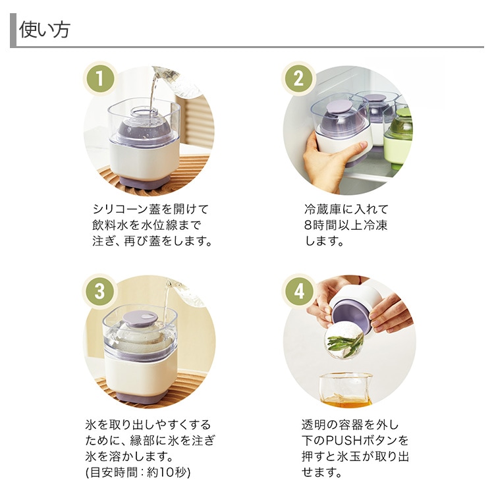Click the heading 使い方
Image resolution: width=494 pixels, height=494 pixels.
point(44,30)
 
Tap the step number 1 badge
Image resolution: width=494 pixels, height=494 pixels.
point(100,78)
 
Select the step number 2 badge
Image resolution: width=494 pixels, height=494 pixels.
point(298,78)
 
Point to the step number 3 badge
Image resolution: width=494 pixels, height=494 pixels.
point(100,291)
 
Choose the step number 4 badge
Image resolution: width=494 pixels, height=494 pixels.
point(298,291)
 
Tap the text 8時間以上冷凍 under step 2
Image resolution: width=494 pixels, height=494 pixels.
point(345,225)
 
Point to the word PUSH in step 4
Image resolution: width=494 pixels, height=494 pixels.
point(343,441)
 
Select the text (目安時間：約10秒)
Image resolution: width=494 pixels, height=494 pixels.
point(138,472)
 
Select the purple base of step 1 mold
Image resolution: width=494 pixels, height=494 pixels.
point(145,182)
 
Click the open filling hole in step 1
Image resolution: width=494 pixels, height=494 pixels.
point(144,113)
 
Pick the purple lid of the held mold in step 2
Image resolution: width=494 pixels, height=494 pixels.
point(340,108)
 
